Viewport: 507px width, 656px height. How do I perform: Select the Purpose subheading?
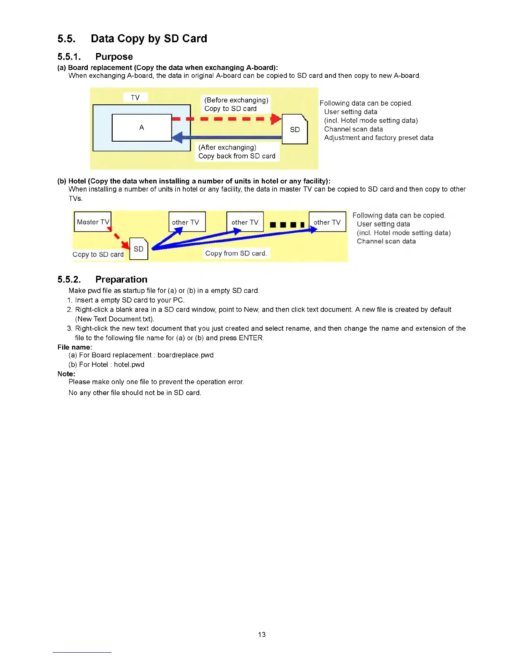114,57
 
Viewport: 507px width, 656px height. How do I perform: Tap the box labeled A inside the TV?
142,128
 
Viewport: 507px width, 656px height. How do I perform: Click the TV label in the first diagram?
135,97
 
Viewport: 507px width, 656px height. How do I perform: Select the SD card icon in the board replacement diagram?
295,129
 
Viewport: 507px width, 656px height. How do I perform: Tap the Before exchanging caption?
236,100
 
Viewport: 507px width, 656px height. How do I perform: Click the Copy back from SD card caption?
237,156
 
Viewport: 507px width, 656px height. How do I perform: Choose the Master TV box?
93,222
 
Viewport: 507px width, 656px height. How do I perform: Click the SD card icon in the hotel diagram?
139,248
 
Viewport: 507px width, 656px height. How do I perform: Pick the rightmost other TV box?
327,222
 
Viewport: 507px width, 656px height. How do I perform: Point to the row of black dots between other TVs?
287,225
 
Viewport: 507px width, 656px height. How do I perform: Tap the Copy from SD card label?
236,253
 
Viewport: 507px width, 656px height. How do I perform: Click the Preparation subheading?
121,280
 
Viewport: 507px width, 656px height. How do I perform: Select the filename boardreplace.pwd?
186,355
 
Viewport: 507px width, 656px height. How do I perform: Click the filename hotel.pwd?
129,364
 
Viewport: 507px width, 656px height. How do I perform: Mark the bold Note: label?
66,374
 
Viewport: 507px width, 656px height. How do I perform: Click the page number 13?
262,634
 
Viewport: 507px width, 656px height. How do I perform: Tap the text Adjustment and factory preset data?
379,138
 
